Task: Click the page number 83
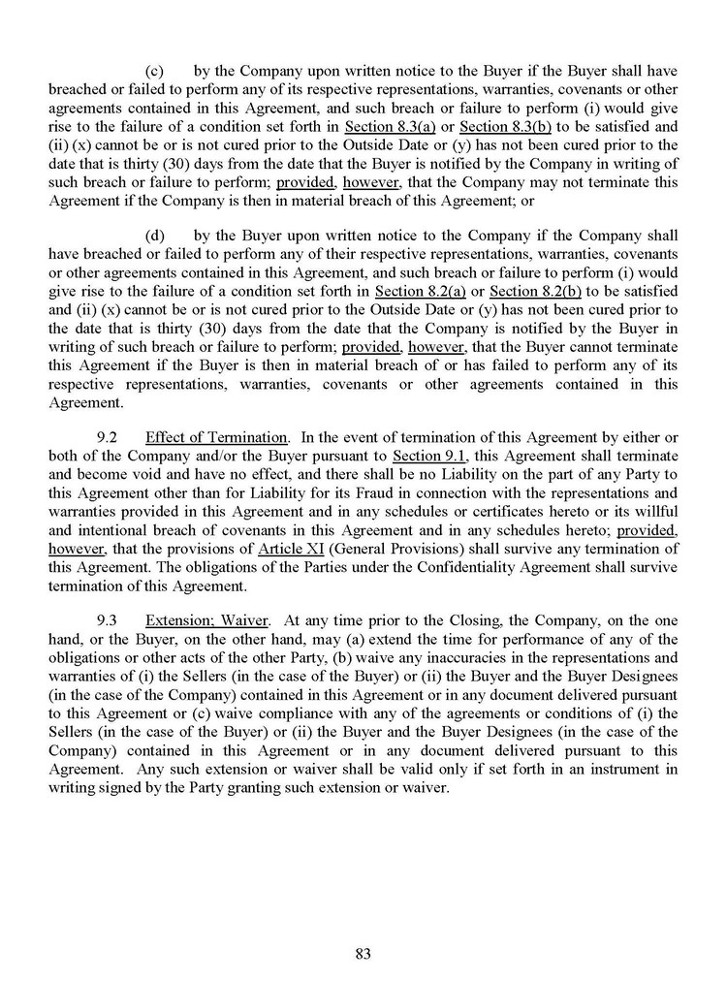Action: click(363, 953)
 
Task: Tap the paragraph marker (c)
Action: click(153, 71)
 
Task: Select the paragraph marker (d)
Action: click(153, 235)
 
